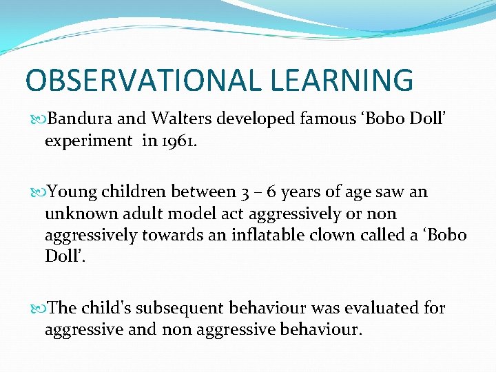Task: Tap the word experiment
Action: pos(88,141)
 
